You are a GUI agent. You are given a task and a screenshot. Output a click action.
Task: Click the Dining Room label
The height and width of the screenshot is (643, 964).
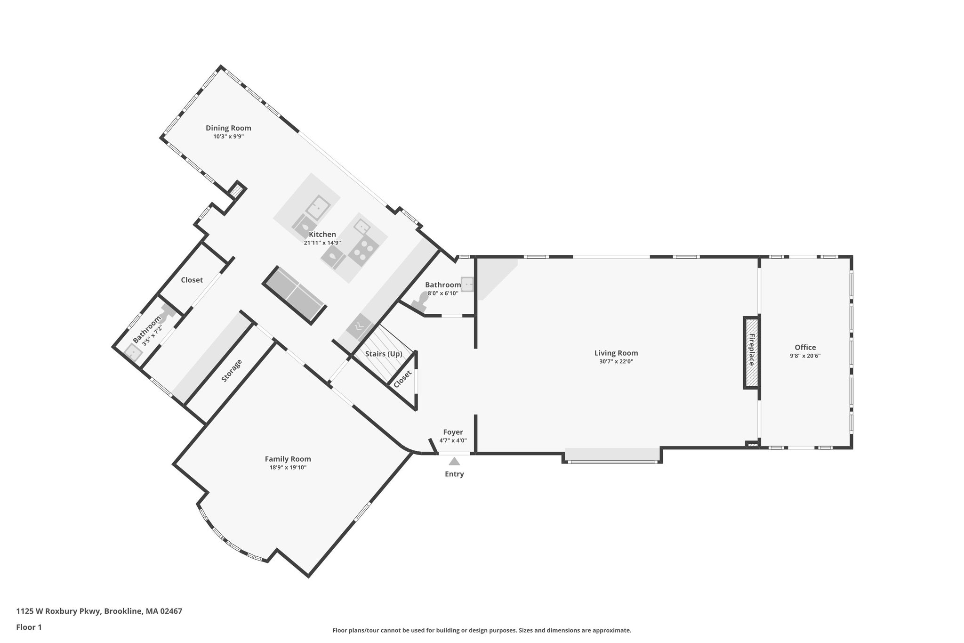coord(228,128)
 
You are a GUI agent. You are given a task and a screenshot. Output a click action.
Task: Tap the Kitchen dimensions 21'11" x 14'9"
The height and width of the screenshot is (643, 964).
coord(322,243)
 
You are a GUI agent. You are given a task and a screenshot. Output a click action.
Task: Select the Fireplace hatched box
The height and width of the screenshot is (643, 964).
coord(751,352)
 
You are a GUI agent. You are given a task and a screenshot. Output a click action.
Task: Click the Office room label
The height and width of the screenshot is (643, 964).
coord(805,348)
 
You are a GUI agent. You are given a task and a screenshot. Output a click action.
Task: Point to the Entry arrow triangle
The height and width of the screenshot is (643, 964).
coord(454,462)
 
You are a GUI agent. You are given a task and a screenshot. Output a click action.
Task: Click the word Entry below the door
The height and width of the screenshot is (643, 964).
coord(454,474)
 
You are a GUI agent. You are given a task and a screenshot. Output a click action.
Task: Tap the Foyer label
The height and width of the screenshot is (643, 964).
coord(453,432)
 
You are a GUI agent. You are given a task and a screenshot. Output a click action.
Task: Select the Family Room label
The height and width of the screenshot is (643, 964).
coord(288,459)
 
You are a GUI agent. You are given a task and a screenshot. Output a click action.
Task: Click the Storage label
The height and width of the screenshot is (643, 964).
coord(232,370)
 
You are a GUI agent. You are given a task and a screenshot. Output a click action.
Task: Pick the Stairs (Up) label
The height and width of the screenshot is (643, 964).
coord(384,354)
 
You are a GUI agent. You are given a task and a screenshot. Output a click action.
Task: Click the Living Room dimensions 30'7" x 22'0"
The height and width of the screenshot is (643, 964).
coord(616,362)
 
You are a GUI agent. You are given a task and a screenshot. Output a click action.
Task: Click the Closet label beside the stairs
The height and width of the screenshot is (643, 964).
coord(403,379)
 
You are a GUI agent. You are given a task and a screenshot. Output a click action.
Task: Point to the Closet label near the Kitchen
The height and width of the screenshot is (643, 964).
coord(192,280)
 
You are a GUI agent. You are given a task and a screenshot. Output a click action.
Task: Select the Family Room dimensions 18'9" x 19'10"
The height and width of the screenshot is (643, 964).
coord(288,467)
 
